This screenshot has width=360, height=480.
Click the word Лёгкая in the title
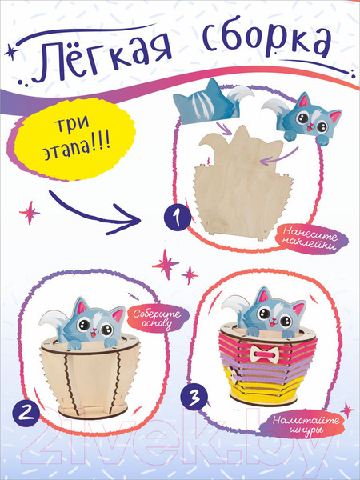click(x=105, y=59)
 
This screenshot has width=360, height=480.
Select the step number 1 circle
click(x=178, y=218)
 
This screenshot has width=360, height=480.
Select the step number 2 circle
click(x=26, y=414)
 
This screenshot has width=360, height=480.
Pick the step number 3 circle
click(x=194, y=398)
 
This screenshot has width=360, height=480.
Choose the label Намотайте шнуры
click(x=306, y=423)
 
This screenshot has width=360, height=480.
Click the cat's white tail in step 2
click(x=53, y=320)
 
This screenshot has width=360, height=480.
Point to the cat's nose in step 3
click(x=271, y=320)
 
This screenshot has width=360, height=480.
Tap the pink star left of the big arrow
click(x=30, y=213)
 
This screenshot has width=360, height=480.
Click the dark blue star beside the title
click(x=11, y=51)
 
